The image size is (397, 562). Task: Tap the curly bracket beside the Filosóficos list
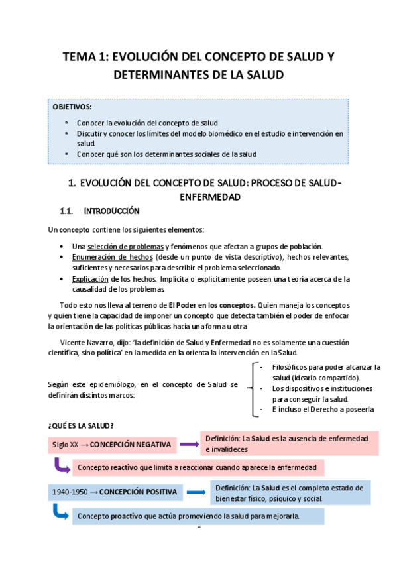tap(250, 388)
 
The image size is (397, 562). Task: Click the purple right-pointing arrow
tap(190, 444)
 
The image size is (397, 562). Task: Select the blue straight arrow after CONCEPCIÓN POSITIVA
tap(195, 492)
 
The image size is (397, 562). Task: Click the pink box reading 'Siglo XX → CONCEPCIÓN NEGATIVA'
tap(111, 444)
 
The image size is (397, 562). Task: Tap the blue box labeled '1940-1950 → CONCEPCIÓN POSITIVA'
tap(115, 492)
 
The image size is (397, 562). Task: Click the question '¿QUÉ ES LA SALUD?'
tap(81, 424)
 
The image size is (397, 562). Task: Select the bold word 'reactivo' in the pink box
tap(124, 467)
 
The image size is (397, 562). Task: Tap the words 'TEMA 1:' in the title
tap(87, 57)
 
